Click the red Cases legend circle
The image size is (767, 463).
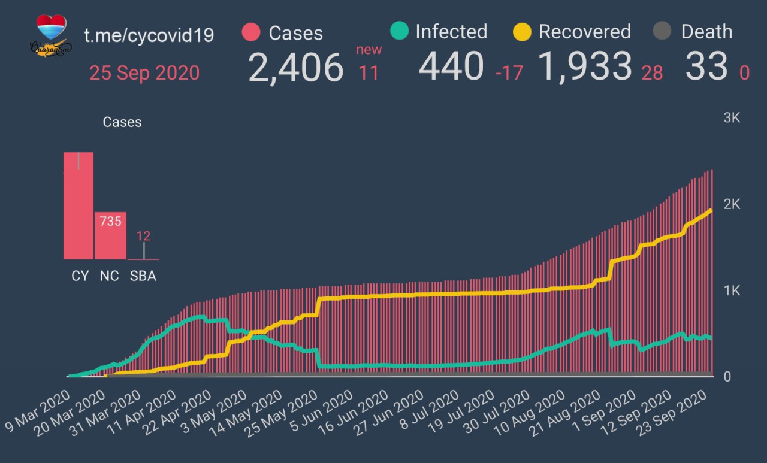(251, 32)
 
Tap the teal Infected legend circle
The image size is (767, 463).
(398, 31)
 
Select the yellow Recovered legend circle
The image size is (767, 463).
(522, 32)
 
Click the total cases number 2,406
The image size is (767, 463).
(295, 67)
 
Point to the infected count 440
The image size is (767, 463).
(451, 66)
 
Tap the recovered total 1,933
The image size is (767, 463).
(585, 66)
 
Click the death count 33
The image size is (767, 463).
(706, 66)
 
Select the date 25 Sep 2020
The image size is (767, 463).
(144, 73)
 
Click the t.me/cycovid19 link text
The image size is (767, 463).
(149, 35)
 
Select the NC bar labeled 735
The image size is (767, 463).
(110, 235)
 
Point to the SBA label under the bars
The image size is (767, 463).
(143, 276)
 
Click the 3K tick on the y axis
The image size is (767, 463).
(732, 118)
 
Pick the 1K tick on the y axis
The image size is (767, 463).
(732, 290)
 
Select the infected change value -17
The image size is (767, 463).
(509, 73)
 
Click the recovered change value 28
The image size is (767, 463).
(652, 73)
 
